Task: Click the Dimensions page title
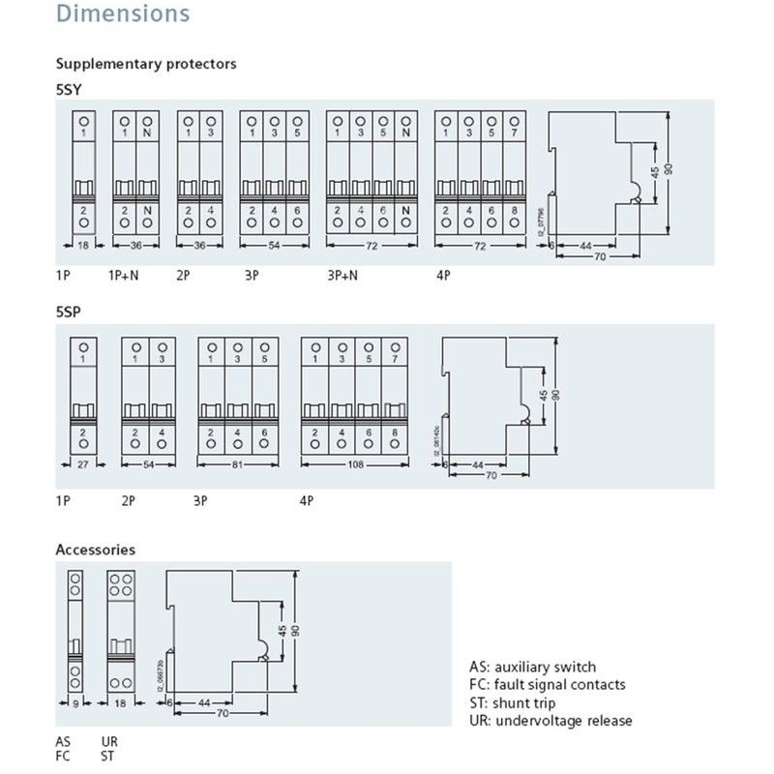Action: tap(122, 15)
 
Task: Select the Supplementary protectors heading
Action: tap(146, 65)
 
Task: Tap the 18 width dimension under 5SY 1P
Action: tap(82, 246)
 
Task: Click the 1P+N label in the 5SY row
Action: tap(123, 276)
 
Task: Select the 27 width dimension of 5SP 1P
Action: tap(83, 465)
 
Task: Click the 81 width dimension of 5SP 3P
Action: tap(238, 465)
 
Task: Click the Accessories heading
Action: tap(95, 550)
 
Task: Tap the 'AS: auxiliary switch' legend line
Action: tap(532, 667)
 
